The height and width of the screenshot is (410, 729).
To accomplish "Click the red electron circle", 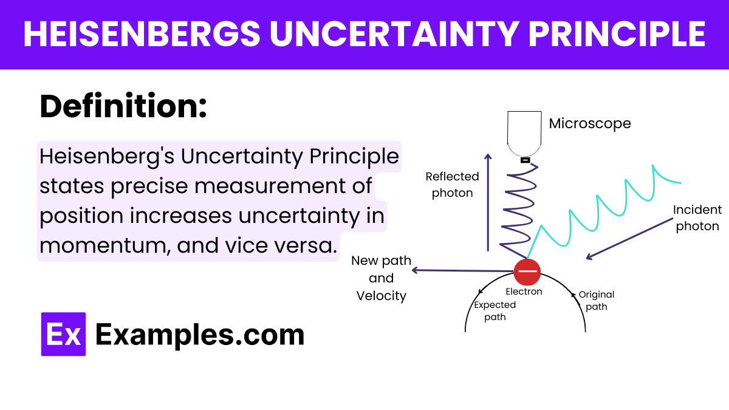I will click(x=527, y=272).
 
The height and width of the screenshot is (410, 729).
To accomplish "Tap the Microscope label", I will click(x=589, y=123).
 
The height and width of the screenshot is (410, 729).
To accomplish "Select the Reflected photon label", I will click(x=452, y=185).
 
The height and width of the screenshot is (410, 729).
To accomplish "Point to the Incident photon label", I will click(x=697, y=217).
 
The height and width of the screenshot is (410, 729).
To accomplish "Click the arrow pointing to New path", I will click(x=462, y=271).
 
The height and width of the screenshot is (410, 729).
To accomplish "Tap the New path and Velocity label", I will click(x=381, y=278).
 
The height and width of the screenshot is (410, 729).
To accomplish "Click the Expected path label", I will click(x=495, y=310).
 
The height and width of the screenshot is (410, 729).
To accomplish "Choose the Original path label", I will click(x=596, y=300).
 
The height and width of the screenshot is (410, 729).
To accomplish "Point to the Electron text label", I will click(x=524, y=292).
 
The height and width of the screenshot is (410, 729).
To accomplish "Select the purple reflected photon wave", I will click(x=518, y=207).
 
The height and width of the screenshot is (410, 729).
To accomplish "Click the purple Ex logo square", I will click(x=63, y=334).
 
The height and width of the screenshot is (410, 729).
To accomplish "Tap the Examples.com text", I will click(x=200, y=335).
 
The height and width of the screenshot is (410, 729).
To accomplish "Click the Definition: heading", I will click(x=123, y=107).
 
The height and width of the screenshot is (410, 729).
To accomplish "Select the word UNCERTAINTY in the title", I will click(x=395, y=35).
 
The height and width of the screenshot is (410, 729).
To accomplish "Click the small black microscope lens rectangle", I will click(x=525, y=160).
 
